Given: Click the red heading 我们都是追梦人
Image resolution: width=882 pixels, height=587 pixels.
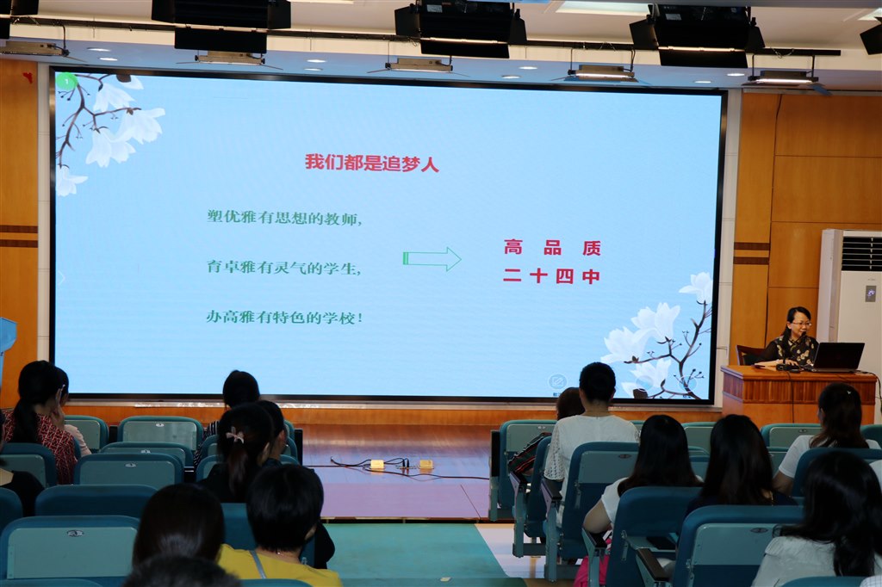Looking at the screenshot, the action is coord(372,163).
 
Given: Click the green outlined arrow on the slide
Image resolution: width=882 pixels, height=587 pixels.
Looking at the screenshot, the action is coord(432,258).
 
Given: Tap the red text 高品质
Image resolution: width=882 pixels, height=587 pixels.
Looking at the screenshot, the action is coord(552,247).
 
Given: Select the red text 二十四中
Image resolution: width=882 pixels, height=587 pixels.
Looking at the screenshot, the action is coord(551,276).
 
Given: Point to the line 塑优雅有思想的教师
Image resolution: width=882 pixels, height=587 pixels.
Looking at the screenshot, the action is coord(284,217).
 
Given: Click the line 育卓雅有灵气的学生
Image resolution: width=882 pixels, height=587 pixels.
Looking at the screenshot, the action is coord(283,267).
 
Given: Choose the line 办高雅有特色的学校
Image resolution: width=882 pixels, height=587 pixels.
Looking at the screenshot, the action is coord(284,317).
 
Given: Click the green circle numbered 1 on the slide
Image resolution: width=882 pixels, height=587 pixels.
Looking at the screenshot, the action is coord(66,82).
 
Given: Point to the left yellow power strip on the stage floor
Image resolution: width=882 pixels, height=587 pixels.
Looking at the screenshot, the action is coord(376,465).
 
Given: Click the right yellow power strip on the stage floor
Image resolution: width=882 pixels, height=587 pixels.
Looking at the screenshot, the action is coord(425,465).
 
